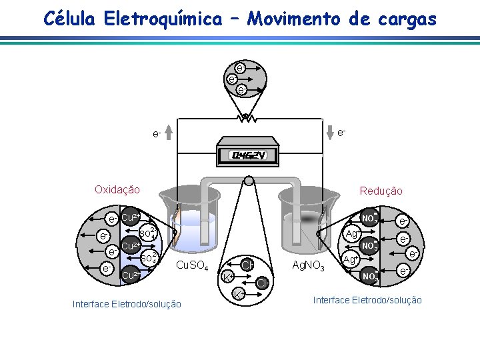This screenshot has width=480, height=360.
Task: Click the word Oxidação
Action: [117, 189]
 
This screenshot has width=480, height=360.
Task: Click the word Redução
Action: [381, 191]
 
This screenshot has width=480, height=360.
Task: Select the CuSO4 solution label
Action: [192, 267]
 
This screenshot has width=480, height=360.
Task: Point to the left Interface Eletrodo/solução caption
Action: [127, 304]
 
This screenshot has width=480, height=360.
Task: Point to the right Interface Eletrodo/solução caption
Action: [367, 300]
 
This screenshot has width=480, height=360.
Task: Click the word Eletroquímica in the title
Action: [162, 19]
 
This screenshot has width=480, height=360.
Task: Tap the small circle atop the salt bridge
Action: [249, 181]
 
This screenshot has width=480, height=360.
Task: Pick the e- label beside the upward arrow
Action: [156, 134]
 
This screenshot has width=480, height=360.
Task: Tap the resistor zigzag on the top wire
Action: [246, 119]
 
